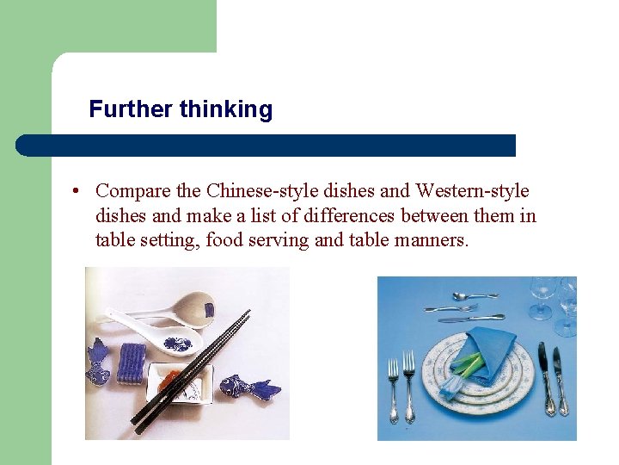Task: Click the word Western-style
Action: (x=472, y=190)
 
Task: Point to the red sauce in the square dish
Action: (x=173, y=380)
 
